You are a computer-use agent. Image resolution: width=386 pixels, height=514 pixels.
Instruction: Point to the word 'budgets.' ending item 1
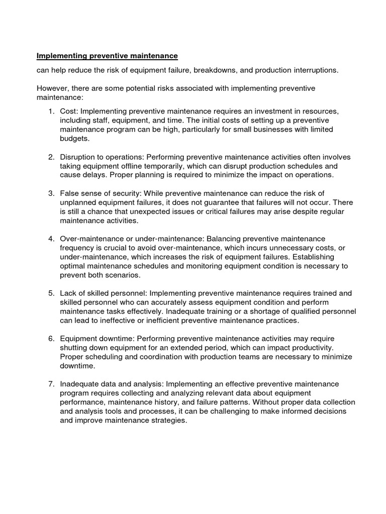75,139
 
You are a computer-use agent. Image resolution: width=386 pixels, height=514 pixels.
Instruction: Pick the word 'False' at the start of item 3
69,193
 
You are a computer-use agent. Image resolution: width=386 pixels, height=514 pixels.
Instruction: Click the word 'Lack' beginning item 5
68,293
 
